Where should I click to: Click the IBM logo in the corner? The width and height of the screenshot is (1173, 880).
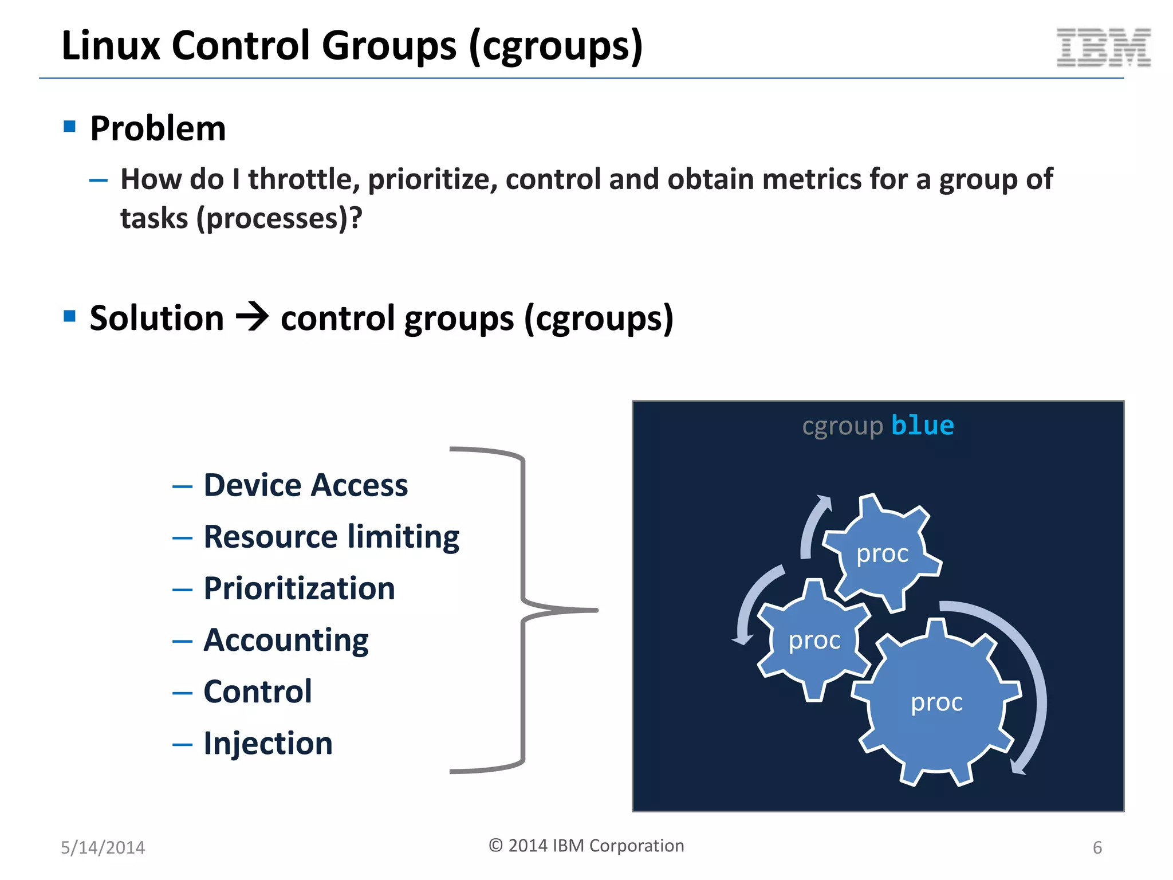pos(1103,48)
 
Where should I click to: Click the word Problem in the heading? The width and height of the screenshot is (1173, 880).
pos(158,128)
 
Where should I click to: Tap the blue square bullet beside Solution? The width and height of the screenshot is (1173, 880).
pos(70,316)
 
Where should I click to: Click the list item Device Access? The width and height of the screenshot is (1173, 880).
pos(305,485)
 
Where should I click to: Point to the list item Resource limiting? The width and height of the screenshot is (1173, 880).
pos(331,537)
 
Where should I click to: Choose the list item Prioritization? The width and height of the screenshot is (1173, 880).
pos(299,589)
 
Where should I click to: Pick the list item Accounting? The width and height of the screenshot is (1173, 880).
pos(286,641)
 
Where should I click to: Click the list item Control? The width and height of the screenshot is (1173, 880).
pos(258,692)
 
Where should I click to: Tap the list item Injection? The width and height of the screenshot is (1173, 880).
pos(267,744)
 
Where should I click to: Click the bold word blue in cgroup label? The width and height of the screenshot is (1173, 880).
pos(923,426)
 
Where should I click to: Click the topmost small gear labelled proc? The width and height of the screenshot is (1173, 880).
pos(882,553)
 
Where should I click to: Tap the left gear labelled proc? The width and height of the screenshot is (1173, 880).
pos(814,641)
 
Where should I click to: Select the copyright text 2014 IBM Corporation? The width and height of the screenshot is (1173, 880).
pos(586,846)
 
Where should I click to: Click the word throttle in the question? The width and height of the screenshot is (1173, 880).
pos(304,179)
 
